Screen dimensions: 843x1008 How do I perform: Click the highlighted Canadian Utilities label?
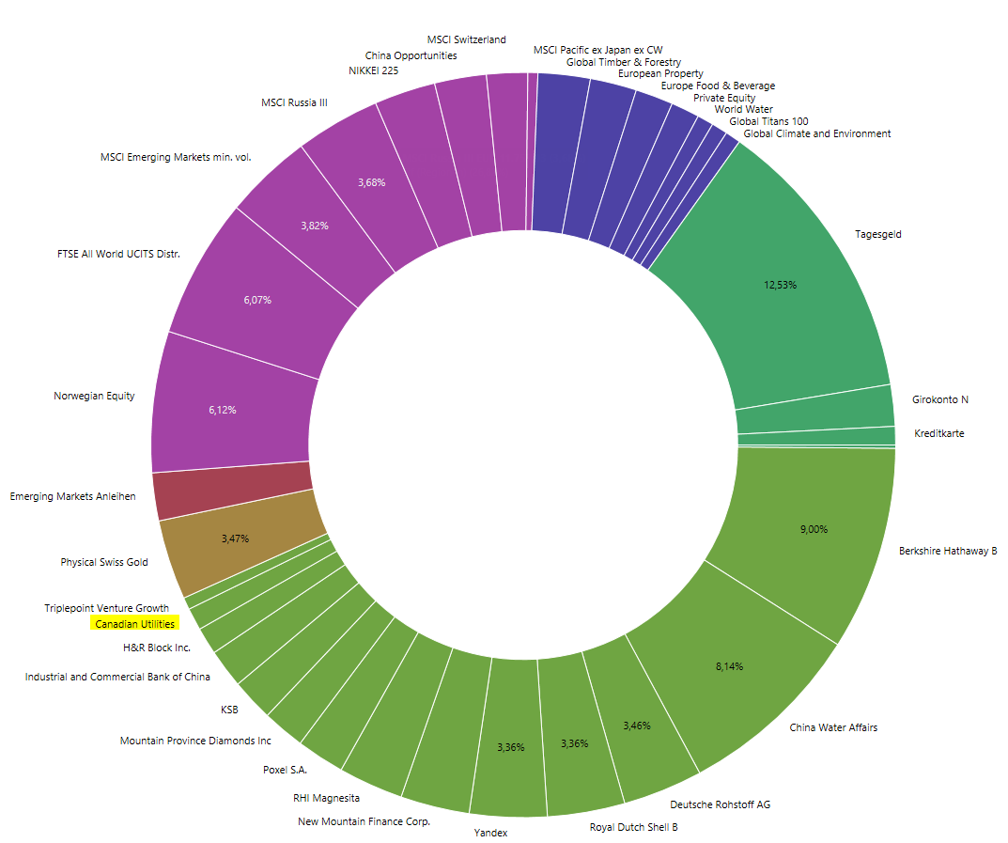click(134, 624)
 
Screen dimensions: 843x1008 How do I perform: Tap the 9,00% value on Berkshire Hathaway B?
click(814, 529)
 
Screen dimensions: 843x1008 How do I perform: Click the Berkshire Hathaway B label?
click(947, 551)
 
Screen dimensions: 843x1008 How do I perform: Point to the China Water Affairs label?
click(833, 727)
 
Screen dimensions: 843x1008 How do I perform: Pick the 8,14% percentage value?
click(728, 666)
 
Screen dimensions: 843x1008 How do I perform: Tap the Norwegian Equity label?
click(94, 396)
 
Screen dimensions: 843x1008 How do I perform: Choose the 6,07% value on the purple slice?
click(256, 301)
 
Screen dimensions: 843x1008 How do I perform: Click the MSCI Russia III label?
click(294, 102)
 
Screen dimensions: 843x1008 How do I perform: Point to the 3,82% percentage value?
click(314, 226)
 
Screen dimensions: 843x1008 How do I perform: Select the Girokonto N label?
click(939, 399)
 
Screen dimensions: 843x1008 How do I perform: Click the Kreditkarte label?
click(938, 433)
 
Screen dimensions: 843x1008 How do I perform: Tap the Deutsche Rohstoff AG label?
click(721, 804)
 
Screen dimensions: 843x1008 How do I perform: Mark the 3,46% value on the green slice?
click(636, 726)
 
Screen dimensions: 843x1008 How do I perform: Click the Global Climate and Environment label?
click(816, 133)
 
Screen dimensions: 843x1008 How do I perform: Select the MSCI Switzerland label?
click(466, 39)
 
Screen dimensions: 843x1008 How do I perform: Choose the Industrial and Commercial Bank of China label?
click(117, 677)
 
